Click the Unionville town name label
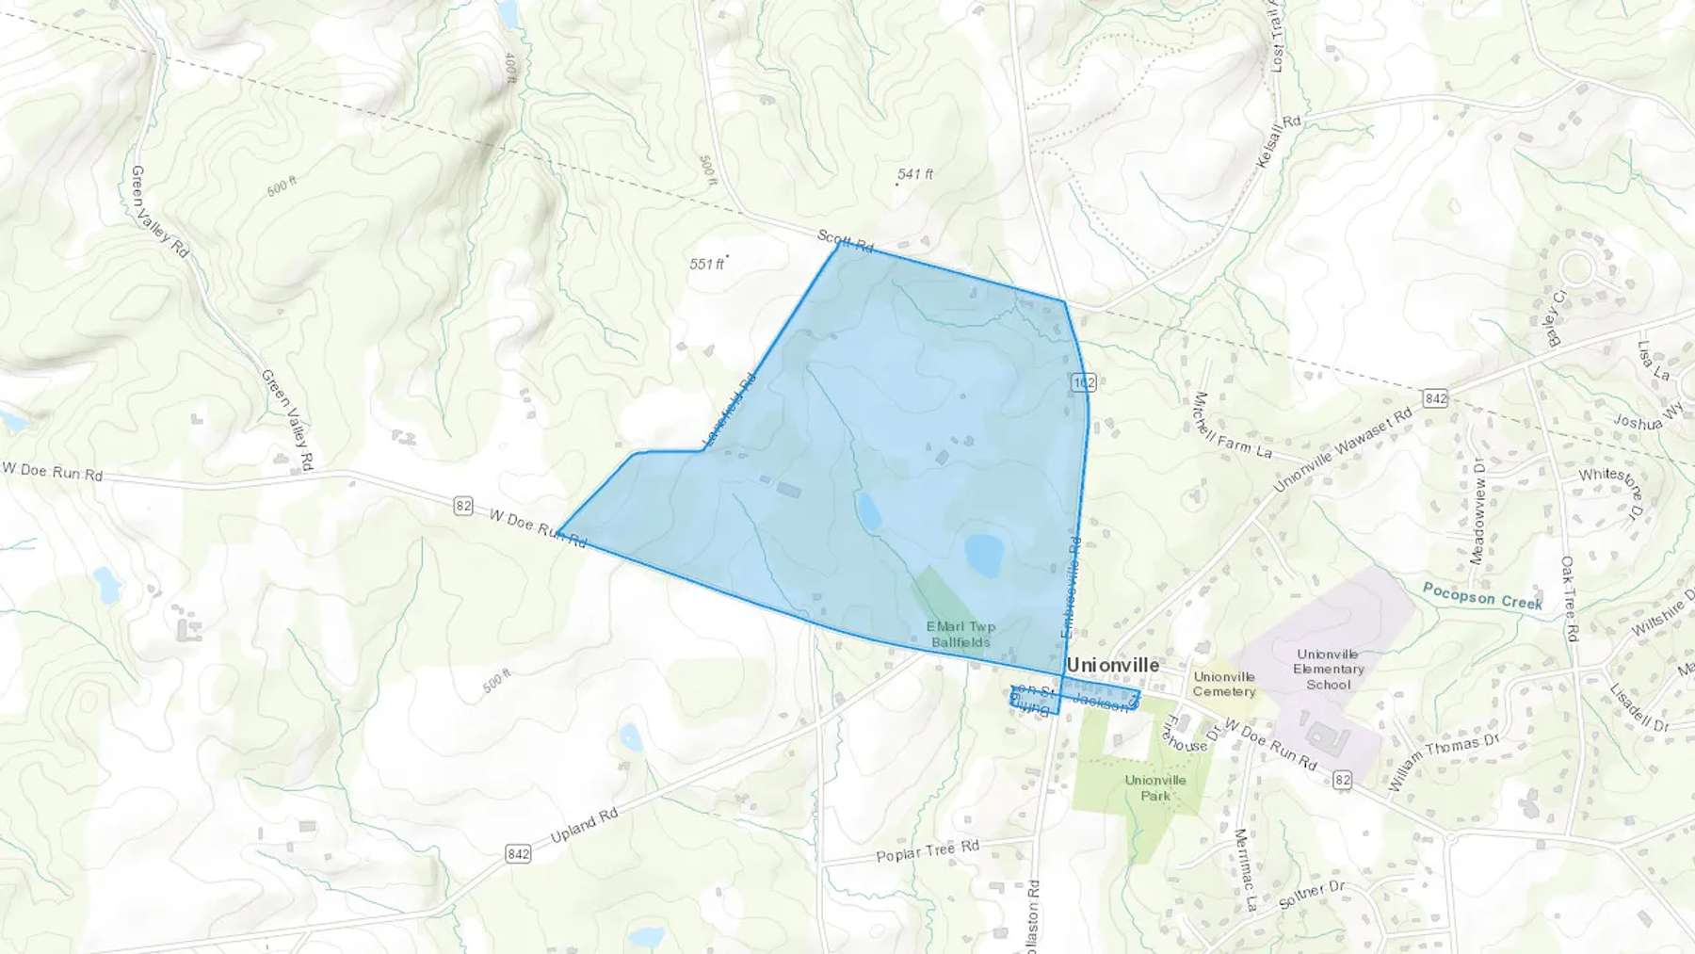tap(1112, 665)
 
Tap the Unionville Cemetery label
tap(1224, 684)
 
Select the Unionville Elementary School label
tap(1328, 669)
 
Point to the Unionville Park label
tap(1155, 787)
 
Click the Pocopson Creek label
tap(1482, 595)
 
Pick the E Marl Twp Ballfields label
tap(960, 634)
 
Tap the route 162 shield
tap(1083, 382)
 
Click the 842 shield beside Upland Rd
tap(518, 853)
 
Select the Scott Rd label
tap(845, 241)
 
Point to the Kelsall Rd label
tap(1279, 142)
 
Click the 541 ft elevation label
tap(914, 174)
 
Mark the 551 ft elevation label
tap(707, 264)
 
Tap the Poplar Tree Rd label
tap(928, 851)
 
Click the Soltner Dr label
tap(1313, 895)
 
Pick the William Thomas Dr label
tap(1443, 761)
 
